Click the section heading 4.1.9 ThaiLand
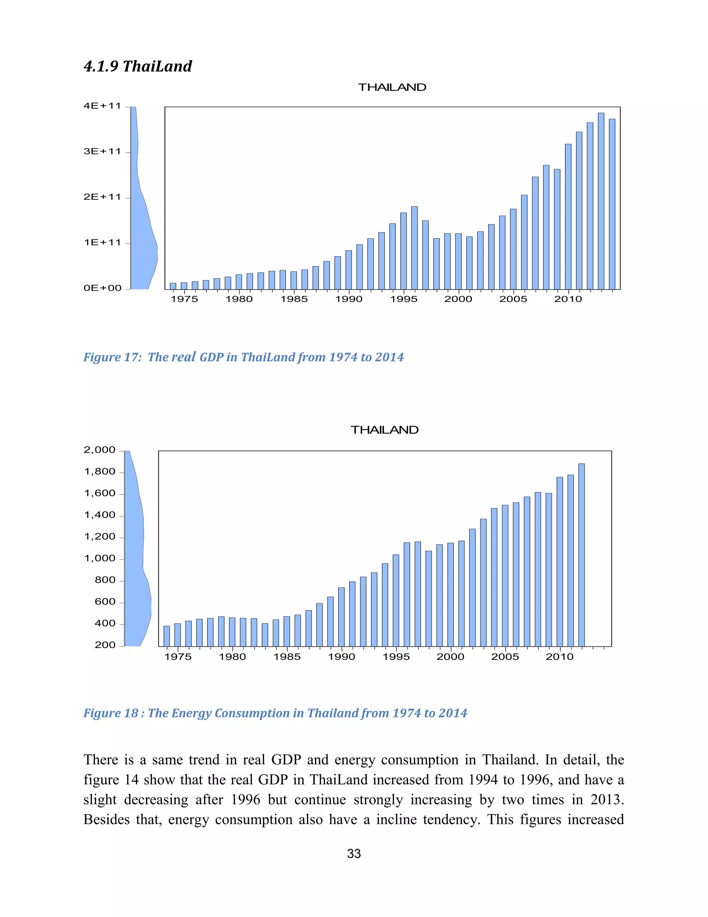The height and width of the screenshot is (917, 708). click(138, 66)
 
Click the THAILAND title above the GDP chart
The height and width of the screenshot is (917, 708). click(392, 87)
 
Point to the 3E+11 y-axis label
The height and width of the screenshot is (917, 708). click(102, 152)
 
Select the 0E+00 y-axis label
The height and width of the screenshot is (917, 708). click(102, 288)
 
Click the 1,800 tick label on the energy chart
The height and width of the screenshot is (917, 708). click(100, 472)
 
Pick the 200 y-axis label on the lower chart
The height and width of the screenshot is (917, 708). click(105, 645)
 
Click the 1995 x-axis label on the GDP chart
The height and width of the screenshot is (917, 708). click(403, 299)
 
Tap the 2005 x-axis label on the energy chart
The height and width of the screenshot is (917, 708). click(505, 657)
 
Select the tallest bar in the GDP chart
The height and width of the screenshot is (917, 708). click(600, 201)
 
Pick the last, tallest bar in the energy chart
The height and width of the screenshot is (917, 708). click(581, 554)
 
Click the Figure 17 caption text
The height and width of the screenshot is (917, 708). click(243, 357)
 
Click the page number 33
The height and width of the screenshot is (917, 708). click(354, 854)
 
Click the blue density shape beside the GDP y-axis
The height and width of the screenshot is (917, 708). click(143, 244)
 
